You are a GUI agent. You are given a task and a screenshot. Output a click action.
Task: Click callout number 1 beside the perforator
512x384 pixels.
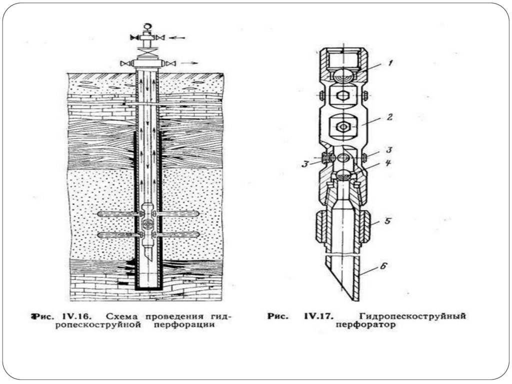click(390, 63)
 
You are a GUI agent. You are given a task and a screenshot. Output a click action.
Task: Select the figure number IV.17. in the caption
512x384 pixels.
click(319, 316)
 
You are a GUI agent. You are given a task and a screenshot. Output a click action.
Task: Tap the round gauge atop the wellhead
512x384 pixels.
click(147, 27)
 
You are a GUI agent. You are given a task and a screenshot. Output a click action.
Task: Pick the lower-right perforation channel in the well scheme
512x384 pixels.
click(177, 235)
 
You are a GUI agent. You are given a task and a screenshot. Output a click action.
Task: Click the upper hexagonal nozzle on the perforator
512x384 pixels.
click(343, 95)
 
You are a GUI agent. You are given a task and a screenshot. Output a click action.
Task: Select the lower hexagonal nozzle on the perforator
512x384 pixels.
click(343, 126)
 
